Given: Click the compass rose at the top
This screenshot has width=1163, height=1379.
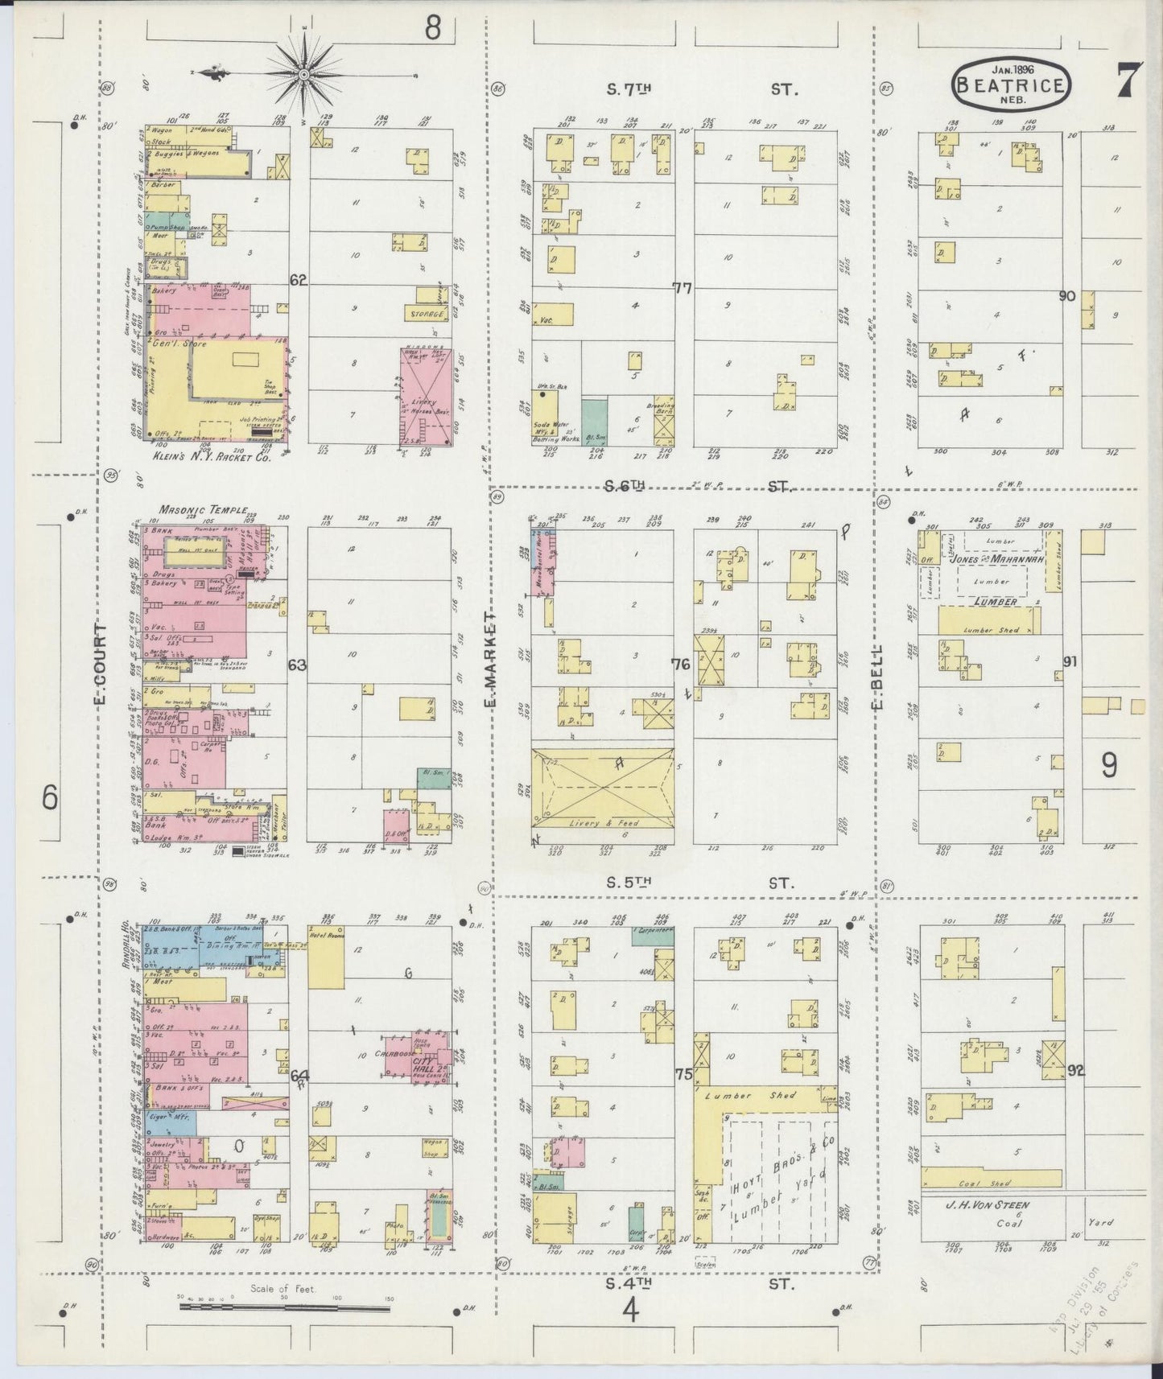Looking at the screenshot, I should click(305, 75).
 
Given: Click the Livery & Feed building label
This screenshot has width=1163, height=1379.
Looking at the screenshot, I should click(602, 823).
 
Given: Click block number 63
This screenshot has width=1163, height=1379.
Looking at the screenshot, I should click(298, 665).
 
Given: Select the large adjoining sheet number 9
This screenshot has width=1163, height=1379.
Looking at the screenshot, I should click(1108, 765).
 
